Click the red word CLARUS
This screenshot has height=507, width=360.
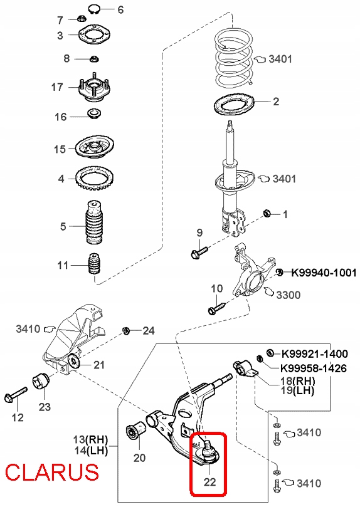point(52,472)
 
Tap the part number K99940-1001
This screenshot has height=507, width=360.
point(324,273)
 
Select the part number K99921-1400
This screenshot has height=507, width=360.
point(315,353)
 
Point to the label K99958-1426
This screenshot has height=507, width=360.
point(314,368)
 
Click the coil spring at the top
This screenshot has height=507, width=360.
point(234,57)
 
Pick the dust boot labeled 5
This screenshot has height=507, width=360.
point(95,224)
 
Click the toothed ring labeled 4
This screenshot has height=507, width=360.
point(95,178)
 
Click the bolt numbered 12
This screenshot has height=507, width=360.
point(16,394)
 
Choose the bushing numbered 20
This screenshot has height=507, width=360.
point(135,431)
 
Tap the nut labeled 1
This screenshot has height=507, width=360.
point(267,214)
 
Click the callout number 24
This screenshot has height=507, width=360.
point(149,330)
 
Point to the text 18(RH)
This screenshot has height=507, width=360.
point(297,380)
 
